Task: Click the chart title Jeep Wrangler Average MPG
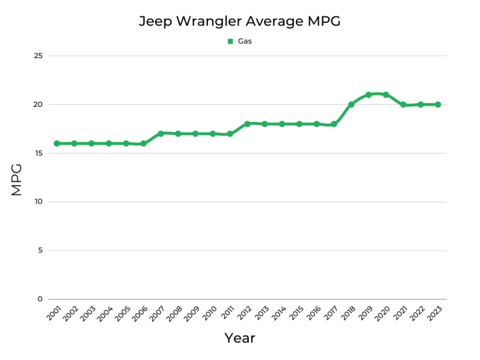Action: [x=239, y=21]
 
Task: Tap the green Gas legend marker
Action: [x=230, y=41]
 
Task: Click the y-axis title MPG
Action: [x=17, y=179]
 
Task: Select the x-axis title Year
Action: [x=240, y=338]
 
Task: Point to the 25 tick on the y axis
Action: [x=38, y=56]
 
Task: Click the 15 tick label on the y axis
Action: [x=38, y=153]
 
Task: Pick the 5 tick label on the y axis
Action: [x=40, y=251]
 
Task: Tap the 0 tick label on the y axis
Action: [x=40, y=299]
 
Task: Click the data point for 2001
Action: [x=57, y=143]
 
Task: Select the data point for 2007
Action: [x=161, y=133]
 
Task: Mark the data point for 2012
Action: [x=247, y=124]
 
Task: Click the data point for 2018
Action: [x=351, y=104]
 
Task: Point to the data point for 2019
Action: [x=369, y=94]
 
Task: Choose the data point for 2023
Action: [x=437, y=104]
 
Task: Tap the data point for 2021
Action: [x=403, y=104]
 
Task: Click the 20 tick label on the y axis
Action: [x=38, y=104]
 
